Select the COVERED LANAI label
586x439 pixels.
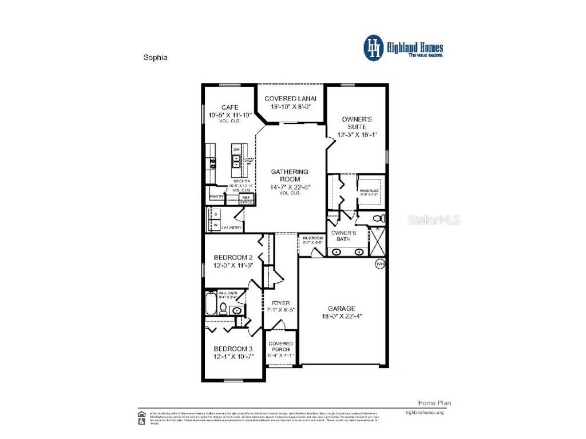(x=290, y=98)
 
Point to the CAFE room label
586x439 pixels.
(x=229, y=107)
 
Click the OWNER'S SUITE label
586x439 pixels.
(x=357, y=123)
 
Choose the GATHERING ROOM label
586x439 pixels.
(x=290, y=175)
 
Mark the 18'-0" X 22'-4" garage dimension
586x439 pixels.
(x=341, y=316)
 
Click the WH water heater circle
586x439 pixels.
(x=380, y=264)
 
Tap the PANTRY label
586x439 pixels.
(x=216, y=197)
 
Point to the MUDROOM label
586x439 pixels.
(x=312, y=237)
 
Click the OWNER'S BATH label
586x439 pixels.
(x=346, y=236)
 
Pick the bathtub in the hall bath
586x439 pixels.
(x=212, y=304)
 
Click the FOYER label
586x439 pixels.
(x=280, y=303)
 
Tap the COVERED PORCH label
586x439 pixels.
(x=280, y=346)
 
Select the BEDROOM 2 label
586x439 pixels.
(x=233, y=257)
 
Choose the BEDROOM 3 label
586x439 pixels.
(x=233, y=349)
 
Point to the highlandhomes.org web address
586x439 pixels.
(x=424, y=412)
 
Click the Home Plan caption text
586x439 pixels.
(x=429, y=402)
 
